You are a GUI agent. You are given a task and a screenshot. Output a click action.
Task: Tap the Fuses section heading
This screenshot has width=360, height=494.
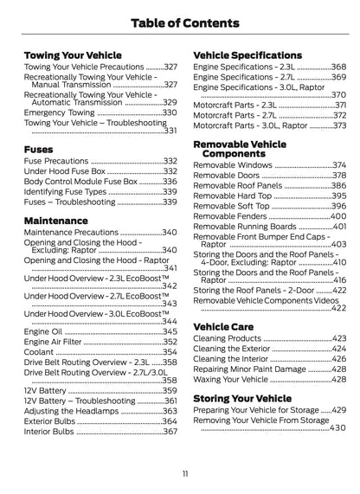(x=39, y=148)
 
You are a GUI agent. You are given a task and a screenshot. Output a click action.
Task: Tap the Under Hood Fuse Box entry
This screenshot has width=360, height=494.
(x=66, y=171)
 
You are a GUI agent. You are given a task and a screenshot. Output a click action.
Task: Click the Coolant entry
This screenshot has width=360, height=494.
(x=40, y=353)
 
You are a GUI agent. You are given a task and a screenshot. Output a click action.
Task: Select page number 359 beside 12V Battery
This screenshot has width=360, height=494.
(x=170, y=390)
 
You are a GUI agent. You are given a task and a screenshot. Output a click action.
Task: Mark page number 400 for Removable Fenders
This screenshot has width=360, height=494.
(x=337, y=216)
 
